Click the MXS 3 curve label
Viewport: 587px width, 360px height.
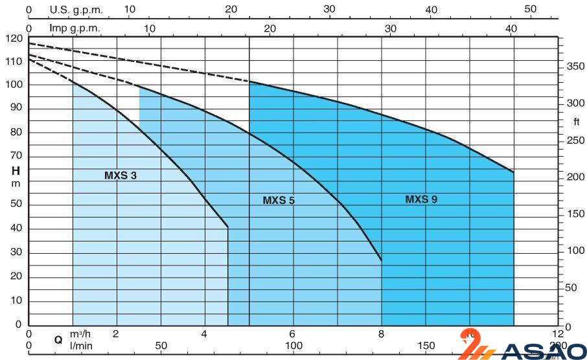[x=121, y=175]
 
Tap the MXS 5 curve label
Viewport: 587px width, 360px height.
[x=279, y=201]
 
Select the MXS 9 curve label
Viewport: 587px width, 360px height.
[x=421, y=199]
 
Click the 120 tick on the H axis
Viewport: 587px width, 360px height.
[x=14, y=38]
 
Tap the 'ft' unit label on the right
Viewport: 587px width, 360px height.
[x=576, y=122]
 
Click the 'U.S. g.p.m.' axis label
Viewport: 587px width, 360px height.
[x=76, y=10]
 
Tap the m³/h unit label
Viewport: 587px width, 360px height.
[x=81, y=334]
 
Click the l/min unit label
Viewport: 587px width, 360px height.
[x=81, y=346]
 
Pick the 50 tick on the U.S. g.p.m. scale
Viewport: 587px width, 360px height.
[x=531, y=10]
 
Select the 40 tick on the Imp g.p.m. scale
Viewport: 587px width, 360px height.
[x=512, y=28]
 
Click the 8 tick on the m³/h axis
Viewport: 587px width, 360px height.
[x=381, y=334]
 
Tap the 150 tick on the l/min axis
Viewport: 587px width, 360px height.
[x=426, y=346]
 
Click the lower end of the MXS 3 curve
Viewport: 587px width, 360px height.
[x=228, y=227]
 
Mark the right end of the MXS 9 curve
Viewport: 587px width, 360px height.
[x=514, y=172]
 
